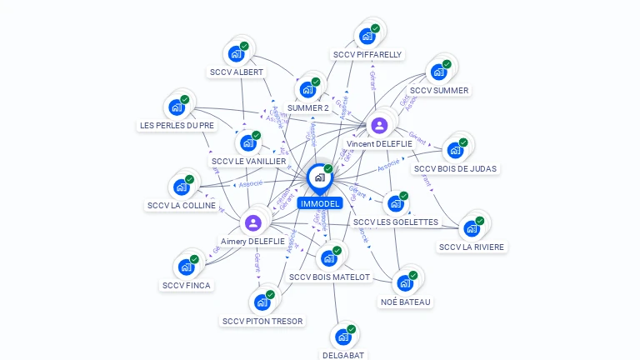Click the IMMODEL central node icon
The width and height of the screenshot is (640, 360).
pos(319,177)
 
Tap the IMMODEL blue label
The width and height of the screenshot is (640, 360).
pos(320,203)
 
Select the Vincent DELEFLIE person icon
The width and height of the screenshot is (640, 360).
pos(379,126)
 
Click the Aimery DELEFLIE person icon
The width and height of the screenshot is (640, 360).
pos(253,222)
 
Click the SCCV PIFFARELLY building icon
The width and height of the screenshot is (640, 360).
pos(367,37)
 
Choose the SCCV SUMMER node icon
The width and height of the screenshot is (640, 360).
pos(438,72)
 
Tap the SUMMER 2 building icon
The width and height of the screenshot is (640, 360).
pos(307,90)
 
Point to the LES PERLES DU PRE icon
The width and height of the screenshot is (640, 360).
pos(177,107)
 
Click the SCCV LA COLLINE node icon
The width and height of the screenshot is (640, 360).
pos(181,187)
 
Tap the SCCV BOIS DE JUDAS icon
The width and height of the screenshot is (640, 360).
pos(455,151)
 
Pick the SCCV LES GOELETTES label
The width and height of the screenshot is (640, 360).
pos(395,222)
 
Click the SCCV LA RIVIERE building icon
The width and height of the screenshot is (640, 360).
pos(472,229)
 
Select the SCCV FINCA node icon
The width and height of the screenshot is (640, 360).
pos(186,267)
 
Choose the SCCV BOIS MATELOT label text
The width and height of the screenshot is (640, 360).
pos(329,277)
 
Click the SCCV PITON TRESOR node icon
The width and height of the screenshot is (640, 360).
pos(262,302)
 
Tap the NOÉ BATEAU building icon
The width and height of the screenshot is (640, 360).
pos(405,283)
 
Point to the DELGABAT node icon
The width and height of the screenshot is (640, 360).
pos(342,337)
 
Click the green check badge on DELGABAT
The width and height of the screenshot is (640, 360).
pos(351,329)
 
